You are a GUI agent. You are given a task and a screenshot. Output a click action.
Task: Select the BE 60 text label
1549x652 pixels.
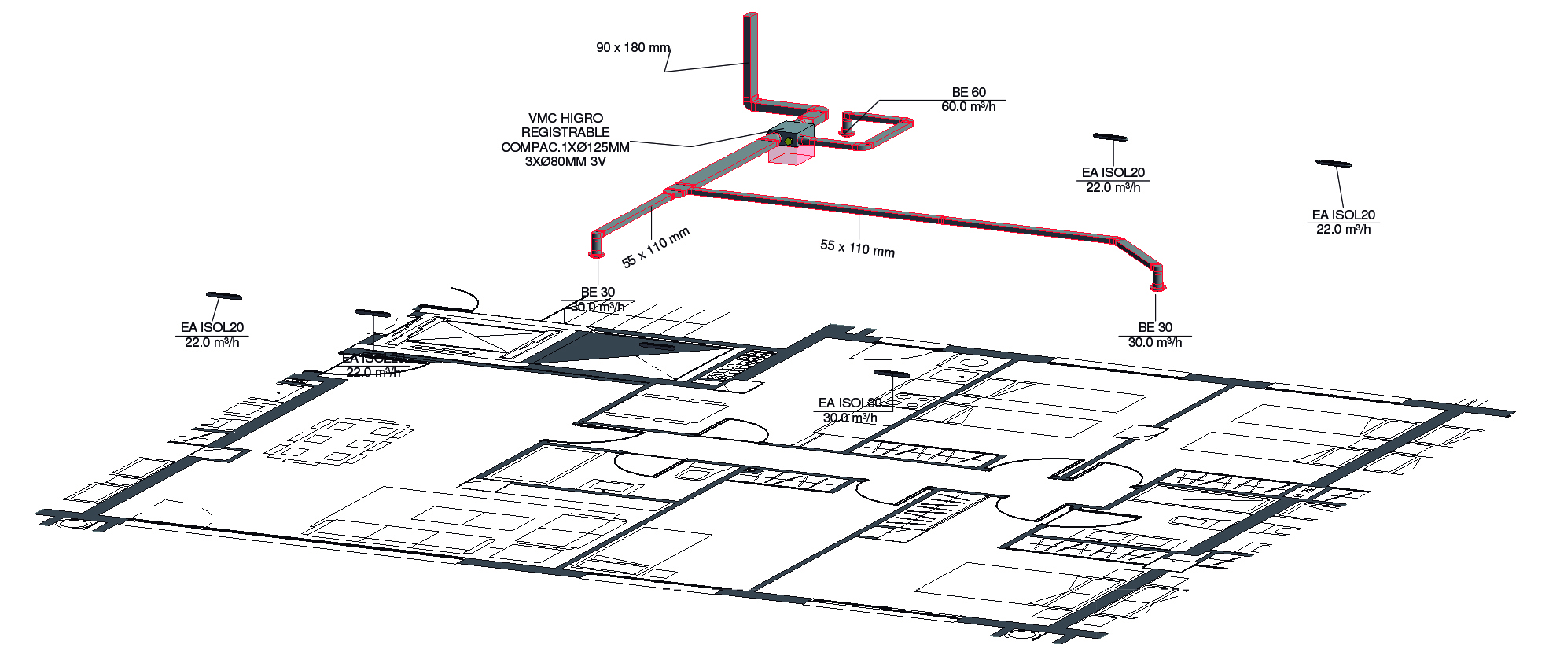pos(969,92)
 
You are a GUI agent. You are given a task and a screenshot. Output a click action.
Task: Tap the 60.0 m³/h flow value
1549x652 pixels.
pos(969,107)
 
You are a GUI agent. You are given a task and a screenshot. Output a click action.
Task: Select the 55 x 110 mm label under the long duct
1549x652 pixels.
pos(857,248)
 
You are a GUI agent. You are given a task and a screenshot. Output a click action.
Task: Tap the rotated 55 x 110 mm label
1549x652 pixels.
pos(655,247)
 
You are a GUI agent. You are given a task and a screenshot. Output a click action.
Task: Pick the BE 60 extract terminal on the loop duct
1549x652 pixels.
pos(848,132)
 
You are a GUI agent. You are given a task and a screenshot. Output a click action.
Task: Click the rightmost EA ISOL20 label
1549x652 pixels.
pos(1343,215)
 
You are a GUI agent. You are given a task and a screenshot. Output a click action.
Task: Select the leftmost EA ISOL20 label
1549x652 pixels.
pos(212,327)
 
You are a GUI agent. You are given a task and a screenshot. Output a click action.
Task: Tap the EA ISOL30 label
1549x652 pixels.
pos(850,403)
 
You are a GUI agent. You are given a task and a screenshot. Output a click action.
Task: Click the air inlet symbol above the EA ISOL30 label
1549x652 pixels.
pos(891,373)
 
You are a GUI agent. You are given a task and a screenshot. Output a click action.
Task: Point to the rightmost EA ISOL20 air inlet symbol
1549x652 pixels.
pos(1333,164)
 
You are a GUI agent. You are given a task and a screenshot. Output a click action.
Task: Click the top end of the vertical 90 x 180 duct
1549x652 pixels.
pos(750,16)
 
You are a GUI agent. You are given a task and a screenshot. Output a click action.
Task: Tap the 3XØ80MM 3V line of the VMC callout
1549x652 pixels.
pos(565,162)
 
